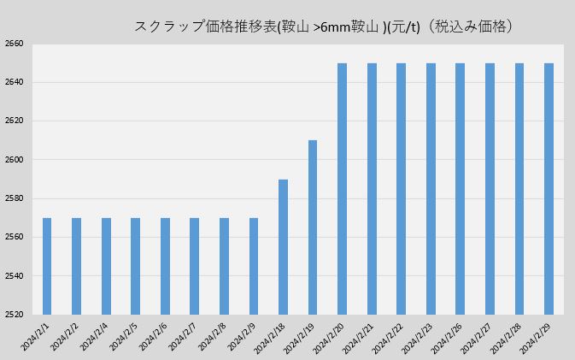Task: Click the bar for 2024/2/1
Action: coord(47,266)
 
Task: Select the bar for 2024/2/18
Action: coord(283,246)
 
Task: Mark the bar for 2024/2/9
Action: coord(254,266)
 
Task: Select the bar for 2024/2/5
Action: coord(135,266)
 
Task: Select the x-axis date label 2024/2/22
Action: coord(388,335)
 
